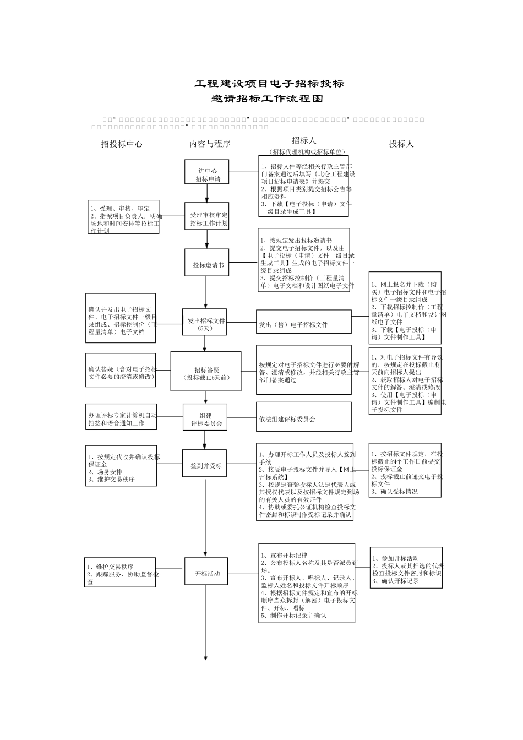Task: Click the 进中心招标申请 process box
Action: click(x=208, y=175)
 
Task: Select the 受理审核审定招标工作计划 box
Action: click(x=208, y=219)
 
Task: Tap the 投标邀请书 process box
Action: click(x=208, y=265)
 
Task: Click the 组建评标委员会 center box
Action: click(x=205, y=420)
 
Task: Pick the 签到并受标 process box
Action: click(x=205, y=465)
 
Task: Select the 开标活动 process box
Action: click(x=206, y=573)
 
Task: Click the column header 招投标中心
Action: click(x=122, y=144)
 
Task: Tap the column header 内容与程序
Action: click(x=210, y=144)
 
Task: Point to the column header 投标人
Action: click(x=401, y=144)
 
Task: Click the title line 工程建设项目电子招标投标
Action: click(x=269, y=84)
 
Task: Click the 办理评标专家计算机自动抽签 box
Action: click(x=121, y=418)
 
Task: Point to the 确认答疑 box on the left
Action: click(x=121, y=371)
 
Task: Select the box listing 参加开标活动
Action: click(x=406, y=568)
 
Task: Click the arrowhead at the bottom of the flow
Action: click(x=206, y=657)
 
